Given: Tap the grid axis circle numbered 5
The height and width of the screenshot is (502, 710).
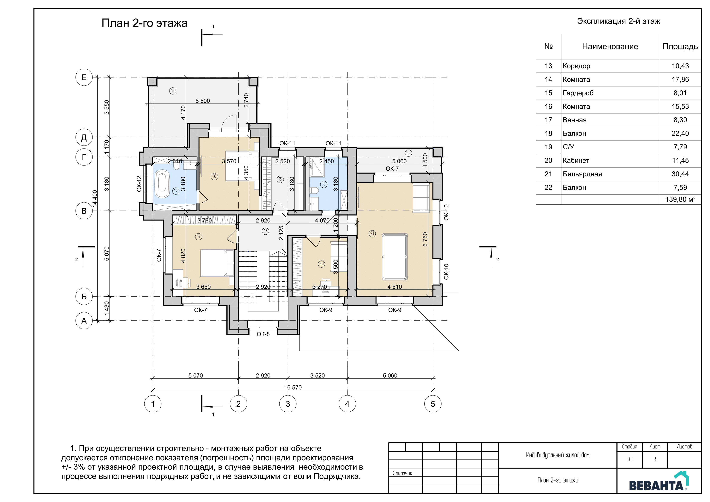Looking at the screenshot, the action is coord(433,404).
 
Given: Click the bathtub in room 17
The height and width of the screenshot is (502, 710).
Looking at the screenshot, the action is coord(162,185).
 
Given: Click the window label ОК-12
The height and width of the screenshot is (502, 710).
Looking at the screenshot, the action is coord(139,184).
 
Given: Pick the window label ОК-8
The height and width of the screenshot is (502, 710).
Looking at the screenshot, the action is coord(263,334).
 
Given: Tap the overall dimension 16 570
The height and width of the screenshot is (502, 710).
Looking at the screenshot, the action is coord(293,387).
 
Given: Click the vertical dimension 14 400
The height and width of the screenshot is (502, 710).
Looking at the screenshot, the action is coord(95,198).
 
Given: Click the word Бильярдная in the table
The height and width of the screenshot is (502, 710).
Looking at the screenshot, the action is coord(582,174).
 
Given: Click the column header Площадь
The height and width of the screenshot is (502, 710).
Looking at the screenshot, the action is coord(680,46).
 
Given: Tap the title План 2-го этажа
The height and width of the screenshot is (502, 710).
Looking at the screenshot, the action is coord(144,23).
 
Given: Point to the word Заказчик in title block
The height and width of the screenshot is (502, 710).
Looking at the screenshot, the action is coord(403,473).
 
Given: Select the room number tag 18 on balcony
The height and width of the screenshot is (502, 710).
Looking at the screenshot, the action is coord(173,91).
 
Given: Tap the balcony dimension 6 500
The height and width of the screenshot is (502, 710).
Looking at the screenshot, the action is coord(203,101).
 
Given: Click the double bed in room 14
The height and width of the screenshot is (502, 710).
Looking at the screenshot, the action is coord(217,263).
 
